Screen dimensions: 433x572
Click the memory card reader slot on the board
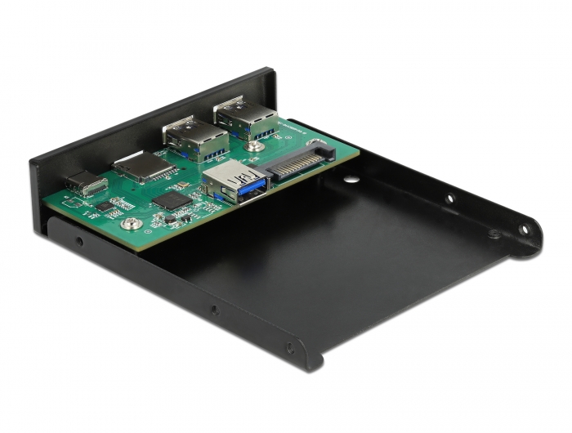(143, 167)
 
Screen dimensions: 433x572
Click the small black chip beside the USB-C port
(105, 206)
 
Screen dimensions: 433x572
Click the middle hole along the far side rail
(449, 198)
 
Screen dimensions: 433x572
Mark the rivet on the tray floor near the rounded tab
(494, 234)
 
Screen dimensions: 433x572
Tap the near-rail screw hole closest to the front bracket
(78, 242)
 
